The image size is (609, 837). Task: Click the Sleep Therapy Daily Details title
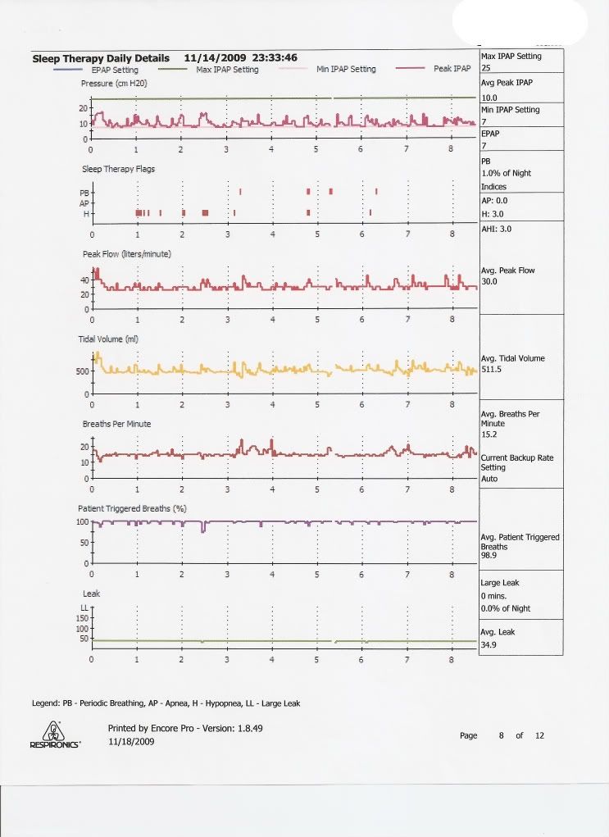tap(101, 58)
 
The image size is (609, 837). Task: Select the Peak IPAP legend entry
tap(452, 70)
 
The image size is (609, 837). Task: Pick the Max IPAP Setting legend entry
tap(227, 70)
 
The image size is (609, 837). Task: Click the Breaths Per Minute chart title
tap(116, 424)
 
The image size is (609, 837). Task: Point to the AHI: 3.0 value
tap(496, 229)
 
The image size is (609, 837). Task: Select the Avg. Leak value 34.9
tap(489, 644)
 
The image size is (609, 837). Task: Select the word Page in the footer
tap(469, 735)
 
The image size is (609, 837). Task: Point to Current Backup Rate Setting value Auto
tap(490, 478)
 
